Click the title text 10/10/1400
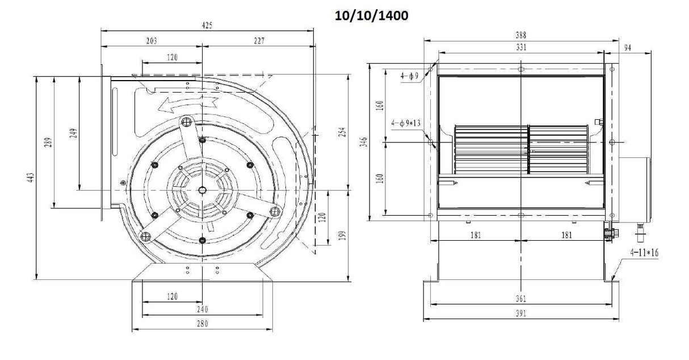click(x=372, y=16)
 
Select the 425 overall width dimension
click(x=208, y=26)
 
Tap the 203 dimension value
click(x=151, y=41)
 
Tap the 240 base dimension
click(x=202, y=309)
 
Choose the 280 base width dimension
click(x=202, y=324)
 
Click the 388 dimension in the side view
click(x=521, y=35)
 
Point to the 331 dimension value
click(x=521, y=48)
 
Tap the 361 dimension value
click(x=521, y=299)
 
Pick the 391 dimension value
click(x=521, y=313)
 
